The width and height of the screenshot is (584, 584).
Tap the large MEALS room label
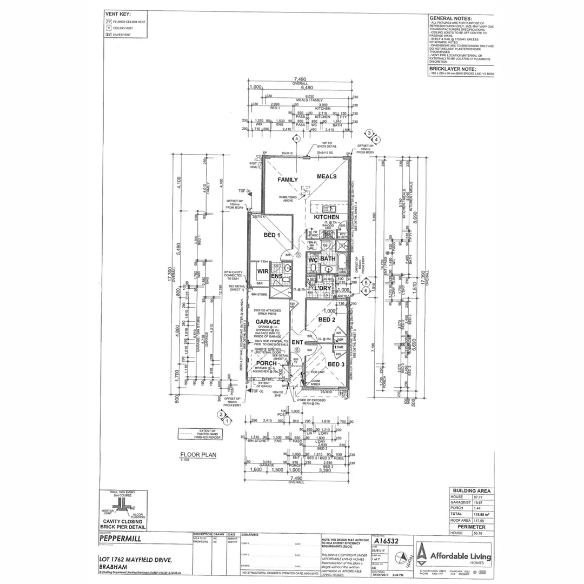click(x=327, y=176)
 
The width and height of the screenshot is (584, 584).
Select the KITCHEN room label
click(x=327, y=217)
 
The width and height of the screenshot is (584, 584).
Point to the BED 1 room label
click(x=272, y=235)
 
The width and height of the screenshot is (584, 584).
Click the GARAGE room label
click(x=268, y=322)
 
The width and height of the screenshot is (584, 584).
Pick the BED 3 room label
click(x=336, y=364)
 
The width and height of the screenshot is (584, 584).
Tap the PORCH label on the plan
click(x=266, y=363)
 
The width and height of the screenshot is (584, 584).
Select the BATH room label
click(x=328, y=259)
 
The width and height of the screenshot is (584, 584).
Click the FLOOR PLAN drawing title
click(x=198, y=455)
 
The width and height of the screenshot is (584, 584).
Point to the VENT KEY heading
click(x=118, y=14)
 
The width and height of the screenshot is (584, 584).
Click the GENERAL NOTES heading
click(x=450, y=18)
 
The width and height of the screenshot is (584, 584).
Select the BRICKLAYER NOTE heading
click(x=453, y=69)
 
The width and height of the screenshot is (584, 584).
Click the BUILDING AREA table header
click(x=471, y=491)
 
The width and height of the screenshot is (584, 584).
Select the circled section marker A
click(x=296, y=139)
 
